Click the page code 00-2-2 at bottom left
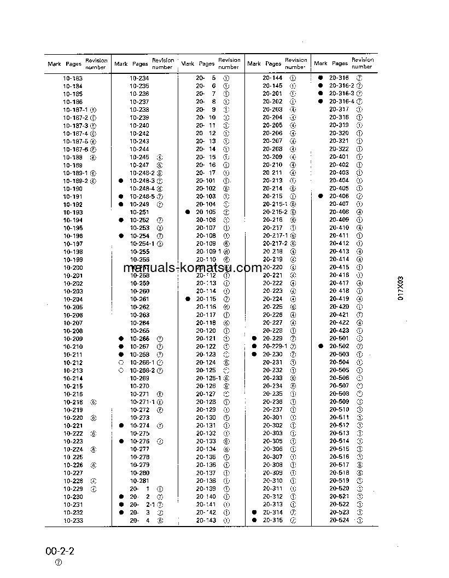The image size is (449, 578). coord(60,550)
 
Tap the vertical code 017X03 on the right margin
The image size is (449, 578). coord(400,288)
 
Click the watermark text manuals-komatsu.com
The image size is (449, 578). coord(193,268)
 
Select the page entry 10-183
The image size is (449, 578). coord(73,78)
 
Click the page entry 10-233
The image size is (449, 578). coord(73,521)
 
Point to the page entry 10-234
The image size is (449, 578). coord(139,78)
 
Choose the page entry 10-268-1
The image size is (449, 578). coord(142,362)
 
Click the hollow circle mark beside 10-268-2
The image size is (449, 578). coord(121,370)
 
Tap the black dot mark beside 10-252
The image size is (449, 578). coord(121,220)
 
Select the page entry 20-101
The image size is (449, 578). coord(206,181)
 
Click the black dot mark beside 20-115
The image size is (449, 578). coord(188,299)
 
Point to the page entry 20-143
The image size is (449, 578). coord(206,521)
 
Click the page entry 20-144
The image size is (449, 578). coord(272,78)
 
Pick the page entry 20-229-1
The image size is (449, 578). coord(275,346)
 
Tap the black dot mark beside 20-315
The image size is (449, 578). coord(254,521)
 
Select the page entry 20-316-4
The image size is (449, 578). coord(342,102)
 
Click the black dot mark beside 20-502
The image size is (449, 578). coord(321,346)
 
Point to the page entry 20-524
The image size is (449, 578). coord(339,521)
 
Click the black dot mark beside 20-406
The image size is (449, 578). coord(321,196)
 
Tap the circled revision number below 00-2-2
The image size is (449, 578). coord(59,563)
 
